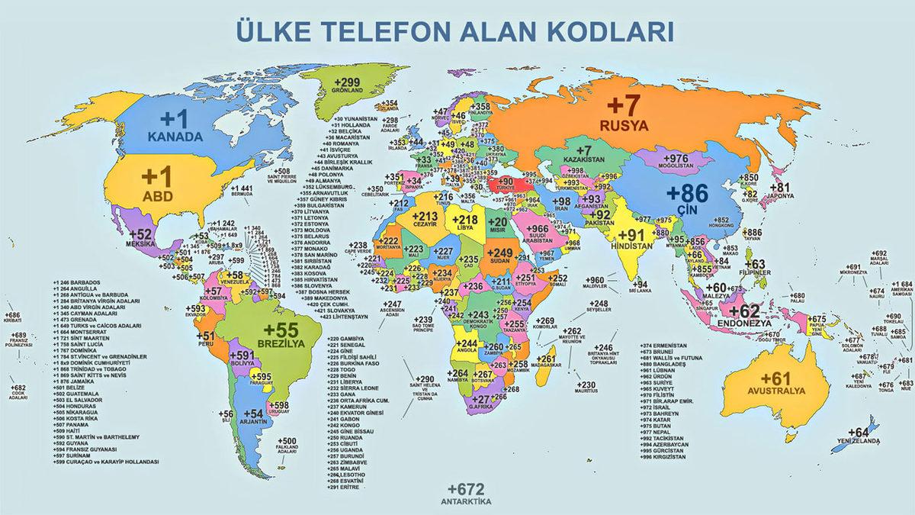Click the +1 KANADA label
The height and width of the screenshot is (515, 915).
click(175, 127)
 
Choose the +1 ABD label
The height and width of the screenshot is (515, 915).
click(159, 184)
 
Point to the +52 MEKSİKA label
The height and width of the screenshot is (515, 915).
click(142, 238)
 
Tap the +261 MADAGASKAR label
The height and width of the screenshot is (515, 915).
click(547, 362)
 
